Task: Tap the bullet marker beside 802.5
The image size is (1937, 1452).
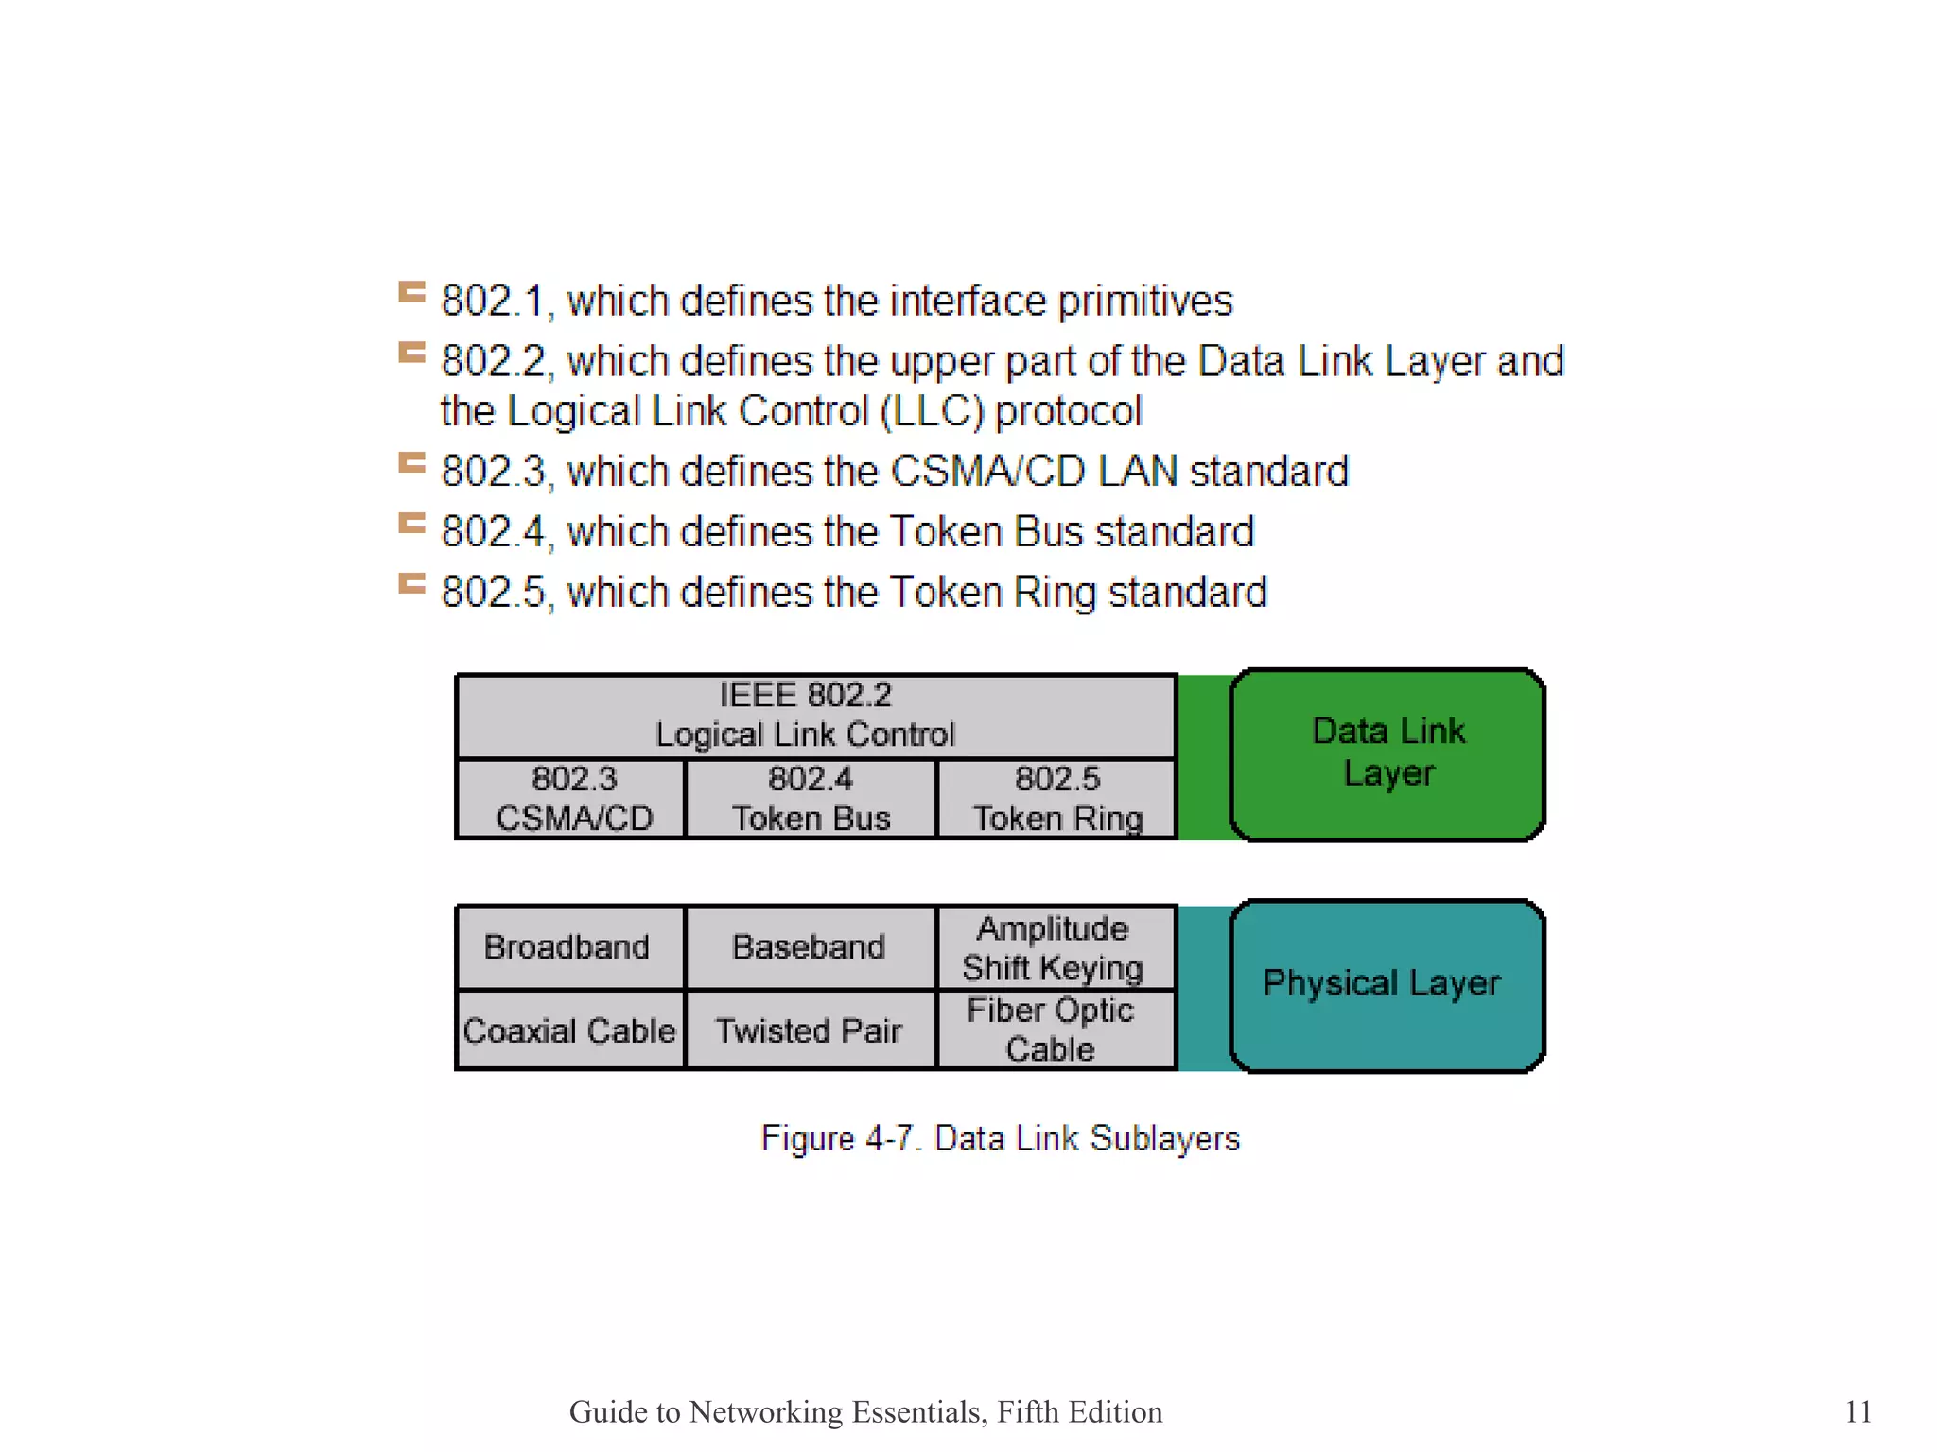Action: [411, 584]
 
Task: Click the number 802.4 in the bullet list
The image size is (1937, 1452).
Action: [493, 532]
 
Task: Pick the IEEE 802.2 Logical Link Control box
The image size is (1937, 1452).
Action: [815, 716]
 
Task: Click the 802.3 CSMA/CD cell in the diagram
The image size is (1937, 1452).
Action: [572, 799]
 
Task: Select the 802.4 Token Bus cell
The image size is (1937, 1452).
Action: [811, 799]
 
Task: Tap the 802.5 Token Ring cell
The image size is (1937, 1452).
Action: [1056, 799]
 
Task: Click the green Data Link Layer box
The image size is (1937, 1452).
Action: [1387, 753]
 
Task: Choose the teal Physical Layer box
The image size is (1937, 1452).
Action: [1387, 985]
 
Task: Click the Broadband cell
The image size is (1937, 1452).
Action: [567, 947]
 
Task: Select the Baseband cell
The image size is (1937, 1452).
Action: [810, 947]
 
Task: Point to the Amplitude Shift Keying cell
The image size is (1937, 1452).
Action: [1054, 948]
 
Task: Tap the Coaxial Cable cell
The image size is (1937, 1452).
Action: [569, 1030]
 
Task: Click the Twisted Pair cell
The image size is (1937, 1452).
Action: [810, 1030]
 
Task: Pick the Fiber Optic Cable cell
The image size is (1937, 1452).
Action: [1052, 1030]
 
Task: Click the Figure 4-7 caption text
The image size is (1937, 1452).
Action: [1000, 1138]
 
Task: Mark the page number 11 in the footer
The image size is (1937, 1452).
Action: [1858, 1411]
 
